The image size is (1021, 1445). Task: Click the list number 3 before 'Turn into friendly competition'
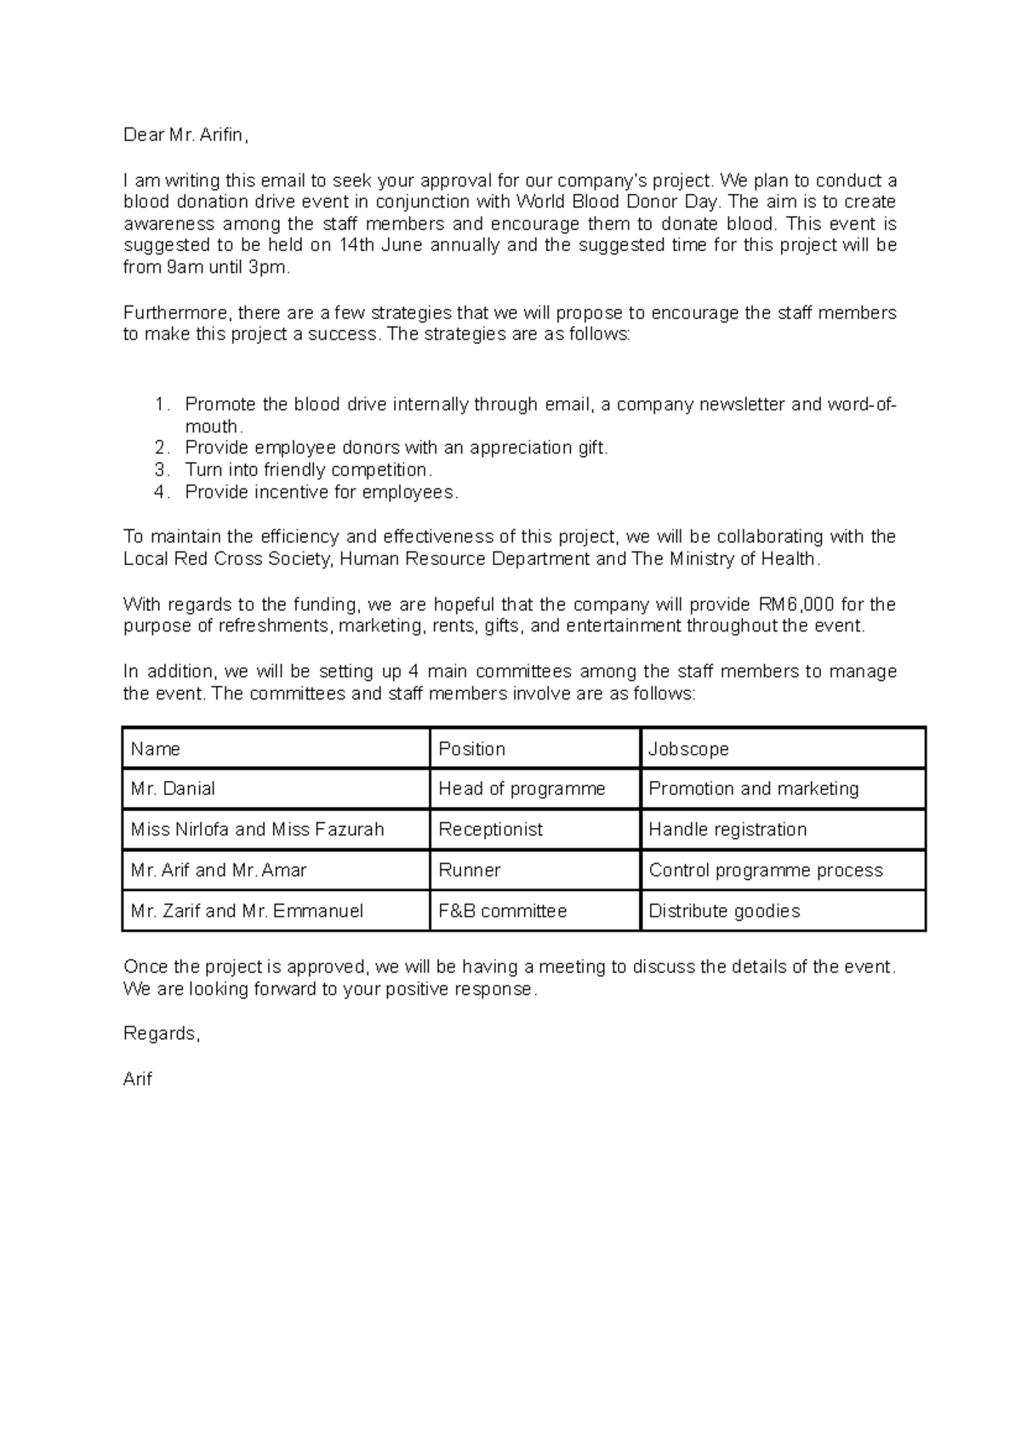pyautogui.click(x=162, y=470)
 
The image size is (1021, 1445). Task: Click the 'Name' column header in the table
pyautogui.click(x=156, y=749)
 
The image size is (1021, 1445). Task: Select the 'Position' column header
pyautogui.click(x=471, y=749)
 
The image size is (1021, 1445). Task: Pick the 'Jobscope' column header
pyautogui.click(x=688, y=749)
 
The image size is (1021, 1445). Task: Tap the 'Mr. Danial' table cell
pyautogui.click(x=173, y=789)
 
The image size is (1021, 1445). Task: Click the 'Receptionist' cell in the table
pyautogui.click(x=490, y=830)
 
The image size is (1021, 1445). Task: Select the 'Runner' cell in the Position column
pyautogui.click(x=469, y=871)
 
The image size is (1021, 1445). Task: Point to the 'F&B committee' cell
pyautogui.click(x=502, y=911)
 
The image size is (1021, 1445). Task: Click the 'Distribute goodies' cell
pyautogui.click(x=724, y=911)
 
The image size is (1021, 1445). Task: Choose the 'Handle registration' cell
pyautogui.click(x=727, y=830)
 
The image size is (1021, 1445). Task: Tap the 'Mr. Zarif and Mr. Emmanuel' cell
pyautogui.click(x=247, y=911)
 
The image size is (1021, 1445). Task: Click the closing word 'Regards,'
pyautogui.click(x=162, y=1034)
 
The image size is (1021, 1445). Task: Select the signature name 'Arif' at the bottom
pyautogui.click(x=138, y=1079)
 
